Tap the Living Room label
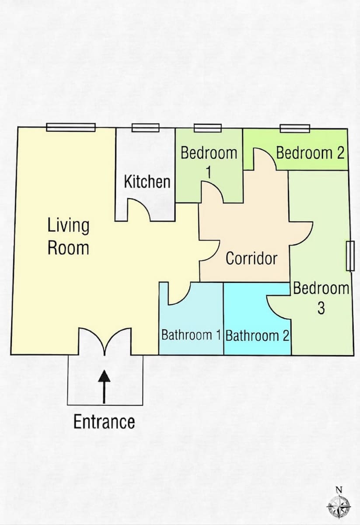tap(68, 236)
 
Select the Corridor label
tap(252, 258)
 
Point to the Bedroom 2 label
tap(310, 153)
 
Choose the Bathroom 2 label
tap(257, 336)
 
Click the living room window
tap(71, 127)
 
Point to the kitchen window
tap(145, 128)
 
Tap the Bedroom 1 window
tap(208, 128)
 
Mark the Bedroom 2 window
tap(295, 129)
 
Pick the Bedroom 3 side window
tap(350, 256)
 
